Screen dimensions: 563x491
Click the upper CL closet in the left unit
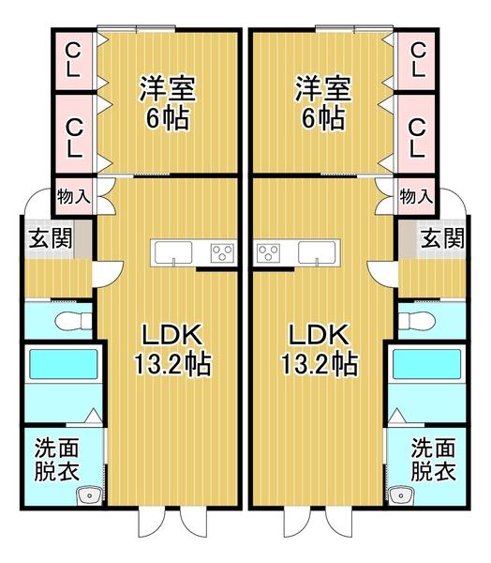[x=73, y=59]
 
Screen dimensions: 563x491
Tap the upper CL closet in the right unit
[x=417, y=59]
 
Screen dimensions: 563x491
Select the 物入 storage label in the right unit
[x=415, y=196]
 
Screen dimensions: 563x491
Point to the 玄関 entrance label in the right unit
[x=441, y=237]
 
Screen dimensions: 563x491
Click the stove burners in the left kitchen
[x=223, y=251]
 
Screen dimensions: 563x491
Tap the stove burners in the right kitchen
[x=268, y=251]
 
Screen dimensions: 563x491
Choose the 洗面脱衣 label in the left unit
[x=56, y=458]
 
